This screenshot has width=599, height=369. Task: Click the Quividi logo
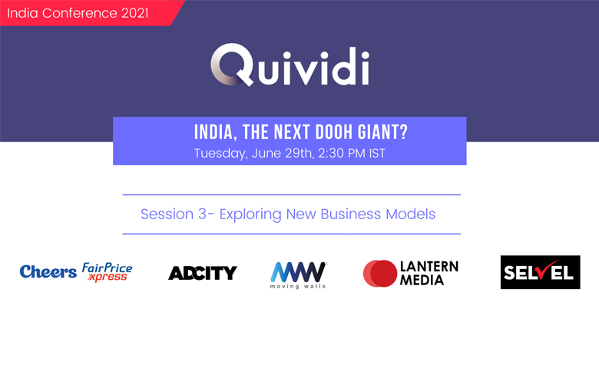point(290,65)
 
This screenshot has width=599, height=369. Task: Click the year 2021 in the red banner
point(135,13)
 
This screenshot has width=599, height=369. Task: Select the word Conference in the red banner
point(79,13)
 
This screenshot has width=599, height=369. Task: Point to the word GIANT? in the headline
point(382,132)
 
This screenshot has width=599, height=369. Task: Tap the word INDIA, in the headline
point(216,132)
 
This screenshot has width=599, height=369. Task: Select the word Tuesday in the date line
point(220,154)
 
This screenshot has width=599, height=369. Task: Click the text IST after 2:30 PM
point(377,153)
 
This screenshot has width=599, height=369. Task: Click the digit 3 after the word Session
point(202,214)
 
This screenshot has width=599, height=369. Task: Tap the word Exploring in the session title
point(250,214)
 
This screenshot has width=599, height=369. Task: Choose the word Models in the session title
point(411,214)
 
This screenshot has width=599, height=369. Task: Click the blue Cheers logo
point(48,272)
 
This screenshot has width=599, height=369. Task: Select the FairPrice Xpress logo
point(107,272)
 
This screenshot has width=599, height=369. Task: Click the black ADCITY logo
point(203,273)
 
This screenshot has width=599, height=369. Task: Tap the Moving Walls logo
point(299,275)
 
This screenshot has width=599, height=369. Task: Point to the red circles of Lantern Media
point(379,274)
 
